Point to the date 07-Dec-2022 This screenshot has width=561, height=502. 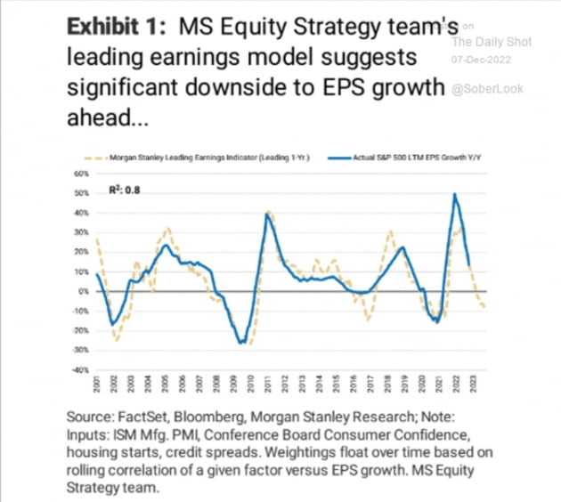pyautogui.click(x=479, y=59)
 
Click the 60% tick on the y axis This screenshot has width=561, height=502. pyautogui.click(x=78, y=174)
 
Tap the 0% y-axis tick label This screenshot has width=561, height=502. pyautogui.click(x=81, y=291)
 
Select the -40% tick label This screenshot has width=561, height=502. pyautogui.click(x=78, y=369)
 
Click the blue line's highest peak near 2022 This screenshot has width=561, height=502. pyautogui.click(x=456, y=194)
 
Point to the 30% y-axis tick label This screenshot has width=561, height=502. pyautogui.click(x=79, y=232)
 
